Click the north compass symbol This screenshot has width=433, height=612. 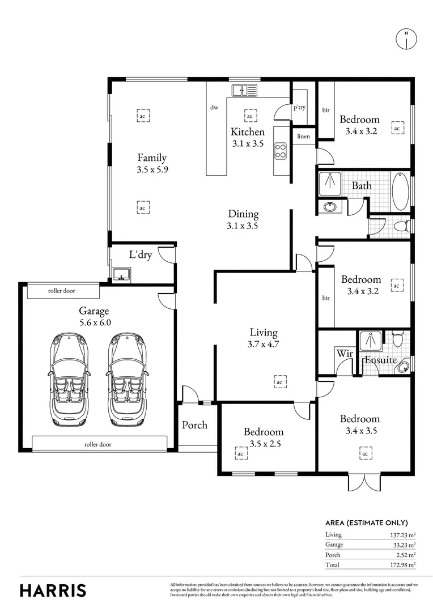(406, 38)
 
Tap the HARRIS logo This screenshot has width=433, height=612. (53, 590)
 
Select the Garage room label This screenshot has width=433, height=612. (94, 311)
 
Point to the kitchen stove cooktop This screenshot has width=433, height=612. (280, 150)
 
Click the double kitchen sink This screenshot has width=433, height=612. (244, 90)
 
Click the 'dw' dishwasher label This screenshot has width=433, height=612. (215, 107)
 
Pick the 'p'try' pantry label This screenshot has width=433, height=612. (299, 107)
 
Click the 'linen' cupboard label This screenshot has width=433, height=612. (303, 137)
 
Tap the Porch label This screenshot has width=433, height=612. (194, 425)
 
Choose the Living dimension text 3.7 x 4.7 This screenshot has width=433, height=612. (264, 343)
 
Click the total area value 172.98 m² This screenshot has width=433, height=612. (404, 565)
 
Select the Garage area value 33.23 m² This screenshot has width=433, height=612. (405, 545)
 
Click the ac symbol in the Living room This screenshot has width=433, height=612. (279, 382)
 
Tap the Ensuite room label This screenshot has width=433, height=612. (380, 359)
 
